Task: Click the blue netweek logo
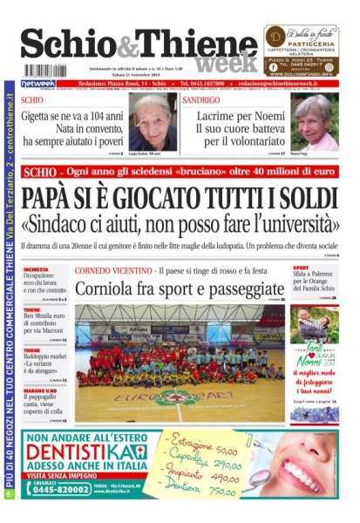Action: [37, 84]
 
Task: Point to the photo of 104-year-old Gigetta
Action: [152, 121]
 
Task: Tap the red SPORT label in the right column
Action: [300, 268]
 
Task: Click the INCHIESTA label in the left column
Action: [37, 269]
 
